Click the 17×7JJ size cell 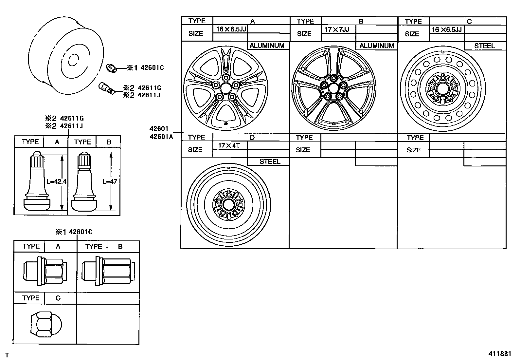(337, 29)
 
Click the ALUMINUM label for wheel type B (377, 46)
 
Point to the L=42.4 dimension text (56, 181)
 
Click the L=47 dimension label (109, 181)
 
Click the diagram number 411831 (499, 354)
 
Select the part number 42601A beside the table (161, 137)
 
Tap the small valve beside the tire (106, 88)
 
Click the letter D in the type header (252, 137)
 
